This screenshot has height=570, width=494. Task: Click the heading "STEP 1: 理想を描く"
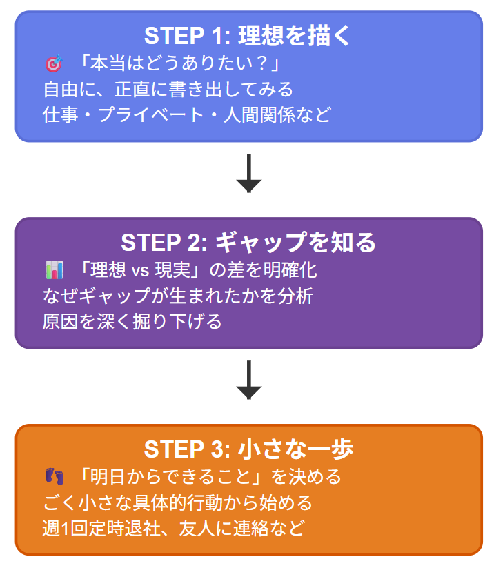(248, 36)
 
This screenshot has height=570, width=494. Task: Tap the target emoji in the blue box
(53, 65)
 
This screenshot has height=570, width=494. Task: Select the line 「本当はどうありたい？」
(178, 64)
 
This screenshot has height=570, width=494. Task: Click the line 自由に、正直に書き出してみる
(168, 90)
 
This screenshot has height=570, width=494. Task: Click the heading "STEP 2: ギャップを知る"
(248, 243)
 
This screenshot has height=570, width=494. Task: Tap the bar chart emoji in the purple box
(53, 270)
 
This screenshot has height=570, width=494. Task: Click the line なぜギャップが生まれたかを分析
(178, 296)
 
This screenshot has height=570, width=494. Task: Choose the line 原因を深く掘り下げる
(132, 321)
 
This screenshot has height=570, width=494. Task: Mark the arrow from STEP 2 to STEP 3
(248, 380)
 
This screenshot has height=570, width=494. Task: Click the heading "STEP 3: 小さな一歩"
(248, 449)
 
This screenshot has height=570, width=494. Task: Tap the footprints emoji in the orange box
(53, 477)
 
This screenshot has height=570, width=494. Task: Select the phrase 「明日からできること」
(172, 477)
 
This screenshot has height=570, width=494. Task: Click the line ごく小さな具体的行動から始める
(178, 502)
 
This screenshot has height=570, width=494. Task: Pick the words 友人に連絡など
(242, 529)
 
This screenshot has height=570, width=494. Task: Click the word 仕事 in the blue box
(58, 114)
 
